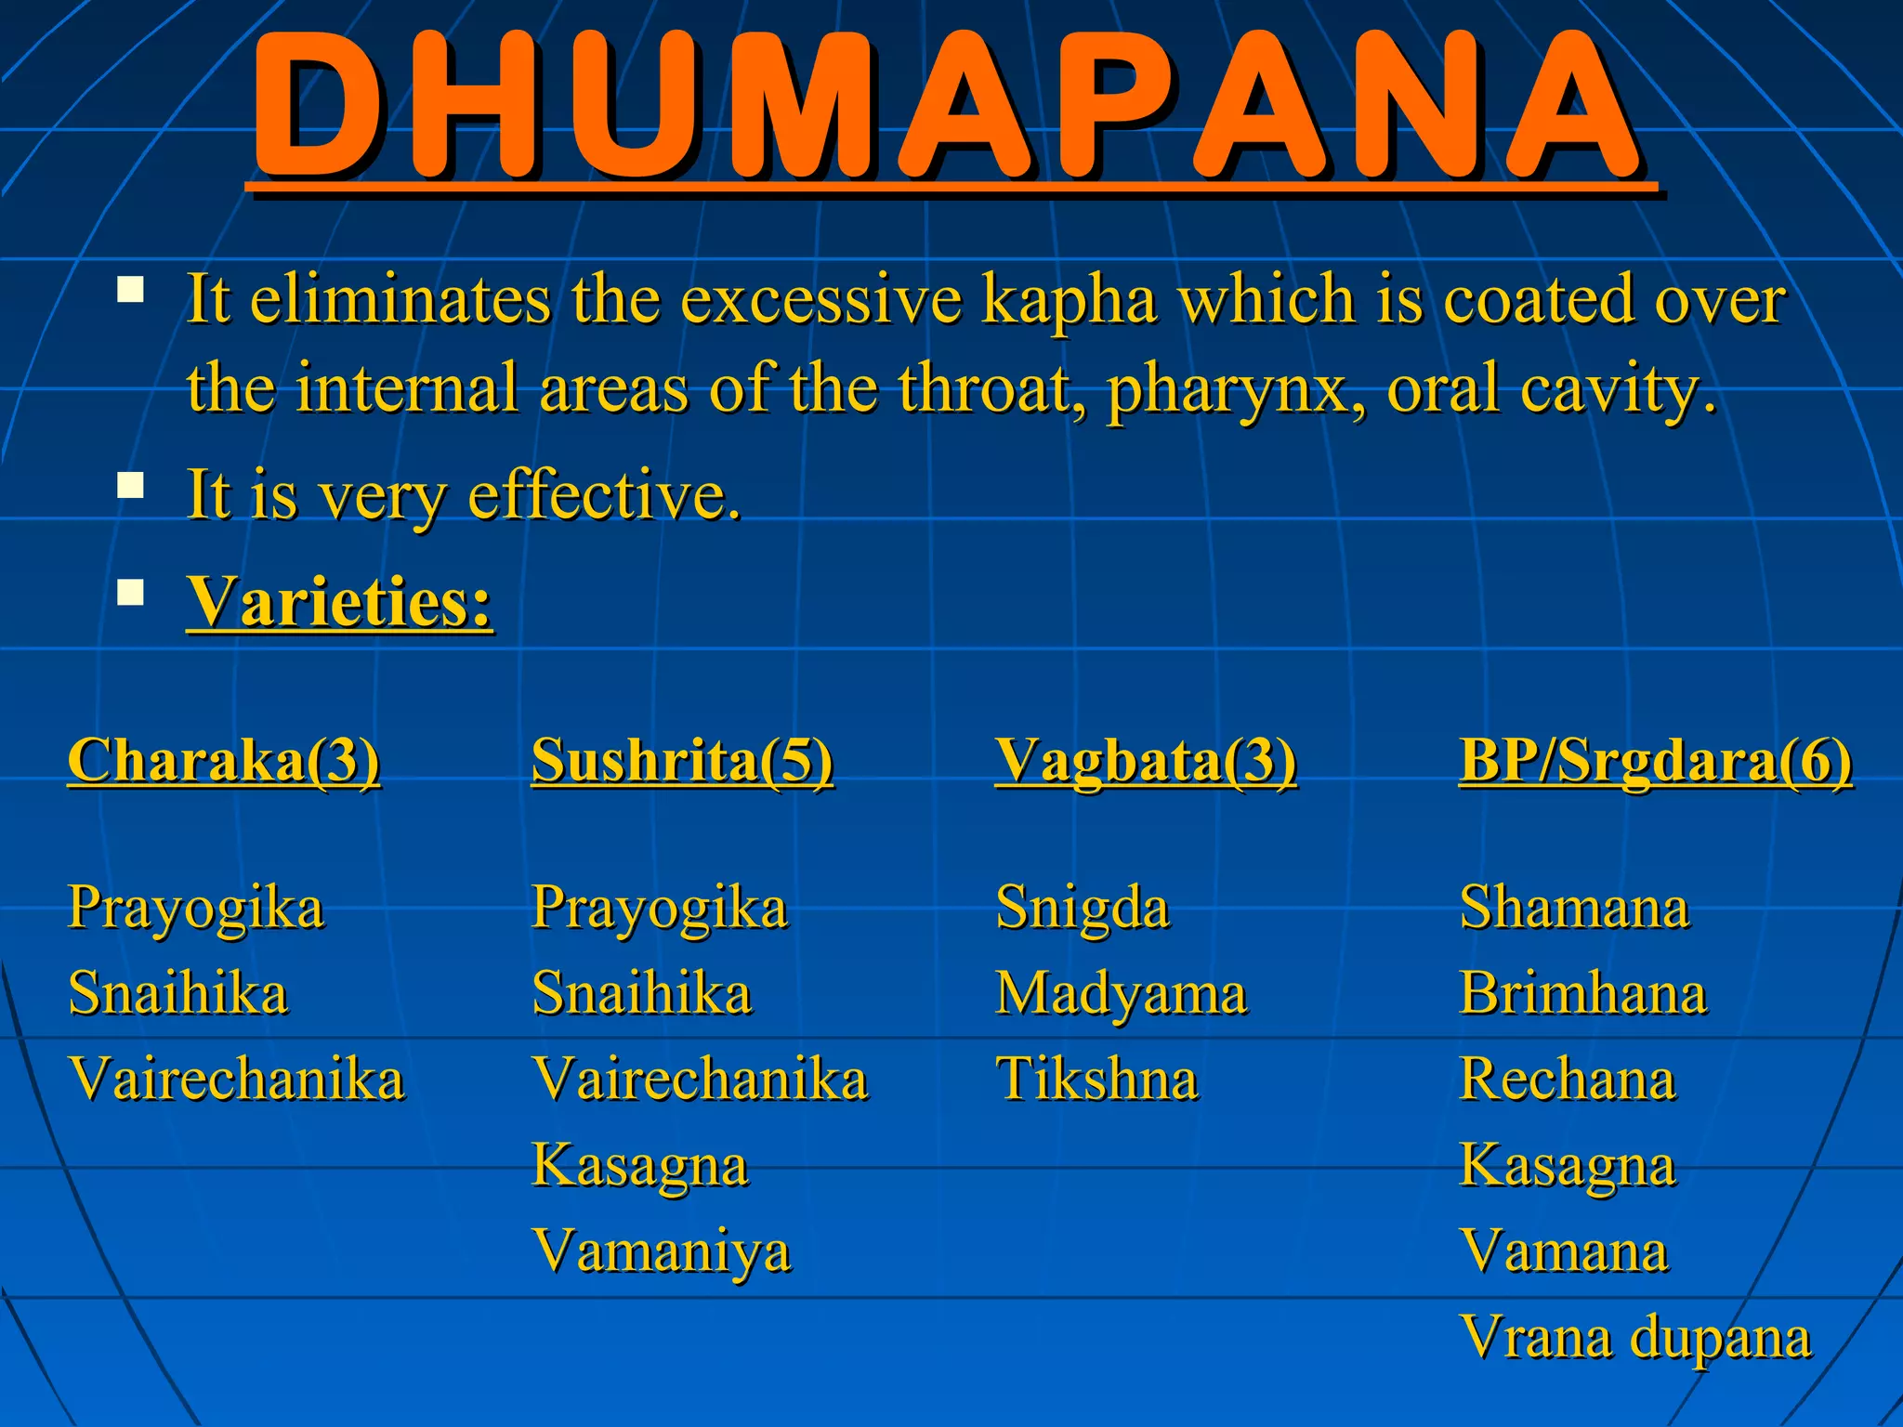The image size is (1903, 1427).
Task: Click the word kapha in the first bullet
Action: click(x=1069, y=299)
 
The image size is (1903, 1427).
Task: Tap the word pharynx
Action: click(x=1234, y=388)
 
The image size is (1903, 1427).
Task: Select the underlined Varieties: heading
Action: click(x=339, y=602)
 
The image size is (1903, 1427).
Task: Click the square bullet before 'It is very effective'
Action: click(x=131, y=486)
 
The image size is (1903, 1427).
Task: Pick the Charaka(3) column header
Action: click(x=224, y=761)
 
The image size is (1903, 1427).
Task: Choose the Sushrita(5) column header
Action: click(x=682, y=761)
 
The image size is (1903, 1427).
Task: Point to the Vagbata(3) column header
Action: click(x=1146, y=761)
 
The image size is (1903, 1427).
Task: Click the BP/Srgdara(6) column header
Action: click(x=1655, y=761)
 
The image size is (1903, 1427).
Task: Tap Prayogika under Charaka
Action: click(x=196, y=908)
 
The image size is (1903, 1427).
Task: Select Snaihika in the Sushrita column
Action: click(x=642, y=993)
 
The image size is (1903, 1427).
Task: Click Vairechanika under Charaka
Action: click(x=237, y=1080)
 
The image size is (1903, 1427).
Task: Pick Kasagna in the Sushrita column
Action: click(x=640, y=1166)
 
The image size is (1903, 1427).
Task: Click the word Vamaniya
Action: click(x=662, y=1251)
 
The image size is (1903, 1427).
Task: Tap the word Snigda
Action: click(x=1083, y=908)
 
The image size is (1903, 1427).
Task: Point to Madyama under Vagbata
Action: click(x=1122, y=993)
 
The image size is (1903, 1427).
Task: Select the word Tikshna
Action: click(x=1097, y=1080)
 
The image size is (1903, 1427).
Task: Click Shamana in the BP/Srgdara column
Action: click(x=1574, y=908)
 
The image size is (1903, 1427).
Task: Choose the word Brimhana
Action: click(x=1583, y=993)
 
